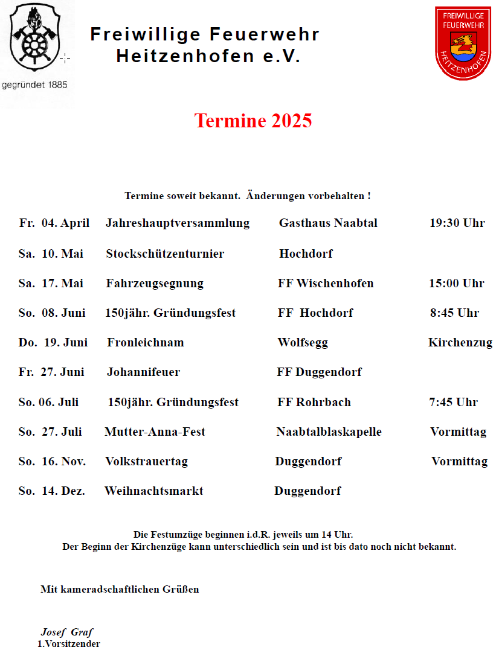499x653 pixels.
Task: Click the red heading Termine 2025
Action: pyautogui.click(x=253, y=121)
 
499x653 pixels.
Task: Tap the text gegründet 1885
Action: pyautogui.click(x=35, y=85)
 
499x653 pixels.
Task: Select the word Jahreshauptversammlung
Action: pyautogui.click(x=178, y=223)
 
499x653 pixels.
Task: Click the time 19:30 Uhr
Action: pyautogui.click(x=457, y=223)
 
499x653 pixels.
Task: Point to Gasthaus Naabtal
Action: pyautogui.click(x=328, y=223)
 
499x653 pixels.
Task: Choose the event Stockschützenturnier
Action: pyautogui.click(x=165, y=254)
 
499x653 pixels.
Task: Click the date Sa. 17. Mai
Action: pyautogui.click(x=51, y=284)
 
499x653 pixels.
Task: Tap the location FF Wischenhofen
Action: pyautogui.click(x=326, y=284)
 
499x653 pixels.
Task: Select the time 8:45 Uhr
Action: pyautogui.click(x=454, y=313)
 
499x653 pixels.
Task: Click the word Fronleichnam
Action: pyautogui.click(x=146, y=343)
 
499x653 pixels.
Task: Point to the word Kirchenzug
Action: pyautogui.click(x=460, y=343)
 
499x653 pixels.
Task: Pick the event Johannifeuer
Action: pyautogui.click(x=144, y=372)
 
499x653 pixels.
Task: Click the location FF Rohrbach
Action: pyautogui.click(x=314, y=403)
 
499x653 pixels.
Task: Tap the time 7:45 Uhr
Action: pyautogui.click(x=454, y=403)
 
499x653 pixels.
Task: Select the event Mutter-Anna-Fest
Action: pyautogui.click(x=155, y=432)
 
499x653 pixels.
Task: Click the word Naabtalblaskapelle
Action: pyautogui.click(x=329, y=432)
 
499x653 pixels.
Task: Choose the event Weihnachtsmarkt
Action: pyautogui.click(x=154, y=491)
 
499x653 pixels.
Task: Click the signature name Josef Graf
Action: pyautogui.click(x=67, y=632)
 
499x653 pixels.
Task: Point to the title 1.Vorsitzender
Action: pyautogui.click(x=69, y=644)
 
